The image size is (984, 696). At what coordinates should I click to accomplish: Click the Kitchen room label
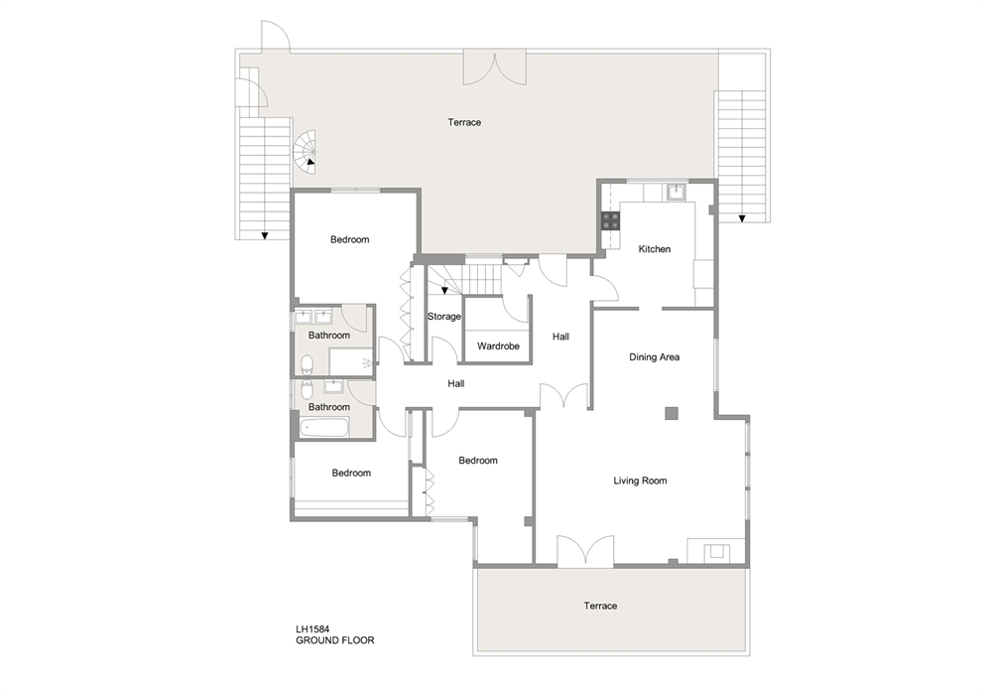tap(654, 249)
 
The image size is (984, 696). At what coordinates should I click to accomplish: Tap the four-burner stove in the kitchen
tap(609, 221)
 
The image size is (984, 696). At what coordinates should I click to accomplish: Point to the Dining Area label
tap(654, 356)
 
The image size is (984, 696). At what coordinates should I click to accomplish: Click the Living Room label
tap(640, 481)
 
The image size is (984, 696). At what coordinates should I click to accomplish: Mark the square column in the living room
tap(672, 412)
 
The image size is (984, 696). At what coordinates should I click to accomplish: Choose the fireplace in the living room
tap(713, 552)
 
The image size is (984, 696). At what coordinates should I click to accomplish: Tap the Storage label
tap(443, 317)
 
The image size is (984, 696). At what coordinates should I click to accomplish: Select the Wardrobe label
tap(494, 347)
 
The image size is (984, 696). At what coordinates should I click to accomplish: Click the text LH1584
tap(312, 628)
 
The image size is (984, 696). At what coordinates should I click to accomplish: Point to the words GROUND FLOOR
tap(334, 640)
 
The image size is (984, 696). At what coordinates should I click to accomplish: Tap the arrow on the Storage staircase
tap(444, 290)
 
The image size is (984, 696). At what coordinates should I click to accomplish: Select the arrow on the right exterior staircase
tap(741, 215)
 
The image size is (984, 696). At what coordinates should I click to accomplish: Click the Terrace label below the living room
tap(600, 606)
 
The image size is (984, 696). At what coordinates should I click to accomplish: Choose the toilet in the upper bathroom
tap(308, 361)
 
